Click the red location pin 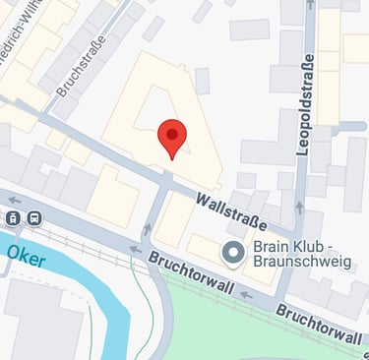[x=172, y=137]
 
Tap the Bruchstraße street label [x=79, y=68]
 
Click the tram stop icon [x=14, y=218]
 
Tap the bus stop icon [x=35, y=218]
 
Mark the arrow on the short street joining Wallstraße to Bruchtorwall [x=149, y=230]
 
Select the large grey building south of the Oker [x=44, y=325]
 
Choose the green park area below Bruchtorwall [x=266, y=330]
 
